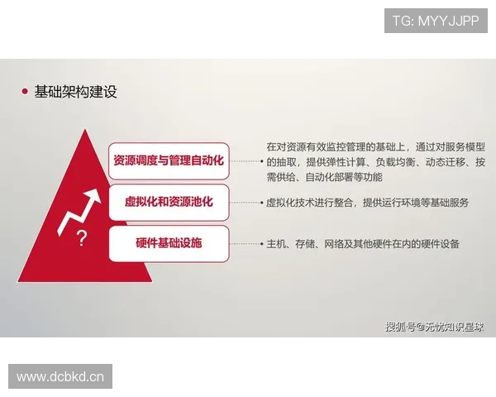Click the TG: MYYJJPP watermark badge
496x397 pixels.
436,20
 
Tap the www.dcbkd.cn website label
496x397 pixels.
60,377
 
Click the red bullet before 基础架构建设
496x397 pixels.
25,92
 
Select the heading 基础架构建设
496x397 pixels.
75,92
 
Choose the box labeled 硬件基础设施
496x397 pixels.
169,243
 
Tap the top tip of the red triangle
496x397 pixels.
82,130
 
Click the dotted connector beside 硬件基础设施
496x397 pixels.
245,244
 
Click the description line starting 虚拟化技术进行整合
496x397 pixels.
367,203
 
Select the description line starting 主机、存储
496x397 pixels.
363,244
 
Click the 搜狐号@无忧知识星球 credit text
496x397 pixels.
435,325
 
